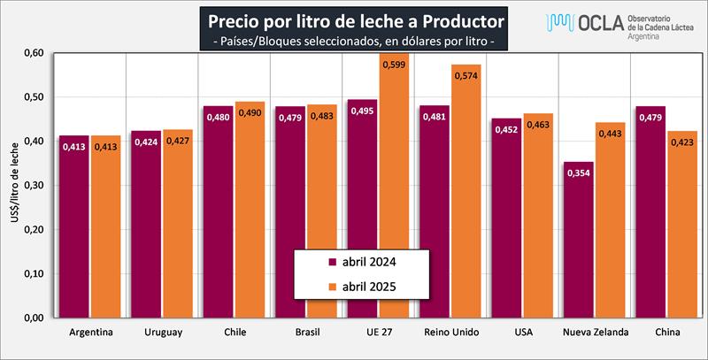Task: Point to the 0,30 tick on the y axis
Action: point(32,185)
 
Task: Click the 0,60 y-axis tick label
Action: point(32,52)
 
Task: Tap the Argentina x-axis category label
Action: point(89,333)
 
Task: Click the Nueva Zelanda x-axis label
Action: point(596,333)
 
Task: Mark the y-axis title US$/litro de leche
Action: point(12,185)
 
